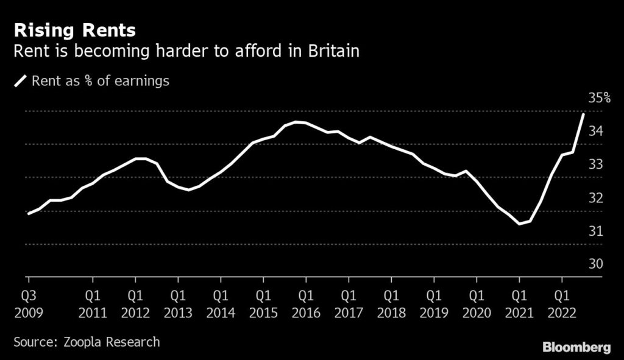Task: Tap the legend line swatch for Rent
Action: [21, 80]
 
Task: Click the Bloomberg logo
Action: [576, 347]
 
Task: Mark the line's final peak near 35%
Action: [584, 114]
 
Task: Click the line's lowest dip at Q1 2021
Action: [519, 224]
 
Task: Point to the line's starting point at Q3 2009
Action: [29, 214]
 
